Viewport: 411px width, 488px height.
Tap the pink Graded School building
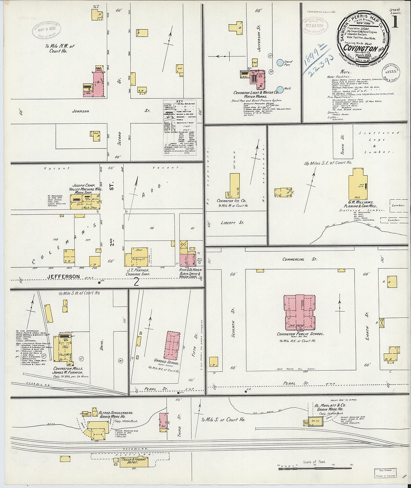tap(173, 345)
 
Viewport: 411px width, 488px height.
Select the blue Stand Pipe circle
tap(279, 64)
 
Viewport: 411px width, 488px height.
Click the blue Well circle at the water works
tap(279, 89)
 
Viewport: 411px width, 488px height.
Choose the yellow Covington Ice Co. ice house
tap(234, 186)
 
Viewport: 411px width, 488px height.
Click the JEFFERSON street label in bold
tap(64, 277)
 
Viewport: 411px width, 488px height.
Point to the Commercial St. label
tap(293, 259)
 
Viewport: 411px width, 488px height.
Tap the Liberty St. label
tap(232, 223)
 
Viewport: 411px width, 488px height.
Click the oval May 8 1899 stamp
tap(46, 30)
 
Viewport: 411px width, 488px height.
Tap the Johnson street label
tap(81, 111)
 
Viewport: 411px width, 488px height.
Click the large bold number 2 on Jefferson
tap(136, 282)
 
